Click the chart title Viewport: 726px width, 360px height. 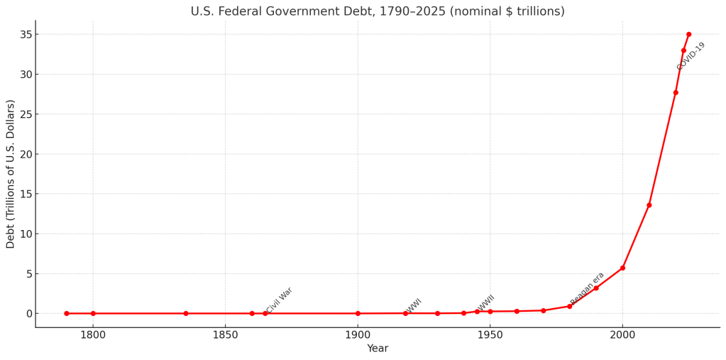pyautogui.click(x=378, y=11)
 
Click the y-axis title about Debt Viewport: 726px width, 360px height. pyautogui.click(x=11, y=174)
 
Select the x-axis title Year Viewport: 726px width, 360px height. pyautogui.click(x=378, y=349)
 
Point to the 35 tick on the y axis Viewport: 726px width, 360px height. pyautogui.click(x=25, y=34)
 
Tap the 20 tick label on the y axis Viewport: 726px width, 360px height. pyautogui.click(x=25, y=154)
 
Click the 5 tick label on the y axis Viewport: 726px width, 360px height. pyautogui.click(x=28, y=273)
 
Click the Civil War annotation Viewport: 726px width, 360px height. pyautogui.click(x=280, y=300)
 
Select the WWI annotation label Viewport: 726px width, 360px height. pyautogui.click(x=414, y=306)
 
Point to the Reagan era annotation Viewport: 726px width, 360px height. pyautogui.click(x=588, y=288)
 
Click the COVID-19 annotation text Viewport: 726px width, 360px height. pyautogui.click(x=691, y=56)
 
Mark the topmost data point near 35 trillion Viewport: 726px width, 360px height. pyautogui.click(x=688, y=34)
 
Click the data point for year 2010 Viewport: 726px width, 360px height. pyautogui.click(x=649, y=205)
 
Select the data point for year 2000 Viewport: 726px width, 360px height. pyautogui.click(x=622, y=268)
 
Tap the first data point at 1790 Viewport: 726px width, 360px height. pyautogui.click(x=67, y=313)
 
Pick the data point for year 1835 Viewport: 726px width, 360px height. pyautogui.click(x=186, y=313)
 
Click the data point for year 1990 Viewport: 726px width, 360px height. pyautogui.click(x=596, y=288)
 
